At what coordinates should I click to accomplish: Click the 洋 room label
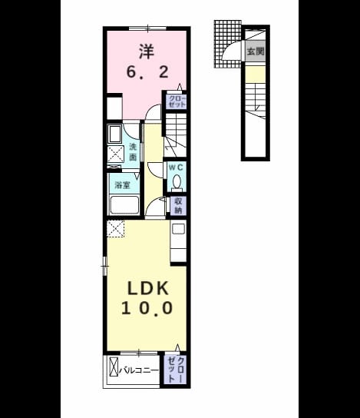point(147,52)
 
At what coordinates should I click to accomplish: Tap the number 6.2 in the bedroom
point(147,72)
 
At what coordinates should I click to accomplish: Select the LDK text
point(148,288)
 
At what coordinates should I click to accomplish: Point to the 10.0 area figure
point(147,308)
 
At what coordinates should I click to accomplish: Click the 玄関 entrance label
point(256,51)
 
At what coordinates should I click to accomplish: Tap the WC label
point(176,168)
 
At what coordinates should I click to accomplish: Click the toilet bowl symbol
point(177,183)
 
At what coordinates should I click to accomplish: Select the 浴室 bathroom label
point(122,184)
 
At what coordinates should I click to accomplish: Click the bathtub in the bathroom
point(124,204)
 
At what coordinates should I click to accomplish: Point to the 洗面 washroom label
point(133,152)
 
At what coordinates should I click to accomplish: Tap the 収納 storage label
point(178,205)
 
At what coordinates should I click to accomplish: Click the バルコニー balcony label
point(139,370)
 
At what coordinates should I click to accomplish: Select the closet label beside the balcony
point(176,370)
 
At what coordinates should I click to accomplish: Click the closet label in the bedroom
point(177,101)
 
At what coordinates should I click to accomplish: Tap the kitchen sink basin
point(178,229)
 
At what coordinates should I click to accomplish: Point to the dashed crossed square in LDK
point(115,228)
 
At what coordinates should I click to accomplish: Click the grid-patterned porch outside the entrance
point(227,44)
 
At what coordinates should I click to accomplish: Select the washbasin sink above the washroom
point(115,134)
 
